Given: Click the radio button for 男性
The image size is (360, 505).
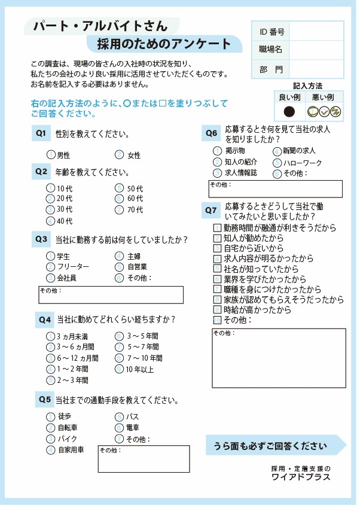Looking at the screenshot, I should tap(51, 155).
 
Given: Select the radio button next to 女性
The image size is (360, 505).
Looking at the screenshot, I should tap(119, 155).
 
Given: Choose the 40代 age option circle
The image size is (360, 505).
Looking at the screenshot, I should tap(51, 221).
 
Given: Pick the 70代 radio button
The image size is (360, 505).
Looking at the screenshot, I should tap(119, 210).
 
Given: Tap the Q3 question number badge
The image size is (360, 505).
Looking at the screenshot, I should tap(41, 239).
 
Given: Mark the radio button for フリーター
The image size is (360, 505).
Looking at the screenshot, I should tap(51, 267).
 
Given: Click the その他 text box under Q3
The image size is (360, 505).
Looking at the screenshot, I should tap(111, 295).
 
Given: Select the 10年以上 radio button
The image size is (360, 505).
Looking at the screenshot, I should tap(119, 369).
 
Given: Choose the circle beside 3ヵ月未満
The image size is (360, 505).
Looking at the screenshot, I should tap(51, 336).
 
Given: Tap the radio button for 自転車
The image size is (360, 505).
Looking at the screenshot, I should tap(51, 427).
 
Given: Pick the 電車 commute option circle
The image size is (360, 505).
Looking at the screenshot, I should tap(119, 427).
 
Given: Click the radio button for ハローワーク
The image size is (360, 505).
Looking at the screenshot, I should tap(277, 163).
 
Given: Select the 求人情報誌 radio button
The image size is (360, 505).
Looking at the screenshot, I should tap(217, 173).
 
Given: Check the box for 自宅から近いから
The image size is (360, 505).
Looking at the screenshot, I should tap(217, 248).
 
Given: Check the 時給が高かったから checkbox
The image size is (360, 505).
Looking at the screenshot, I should tap(217, 310).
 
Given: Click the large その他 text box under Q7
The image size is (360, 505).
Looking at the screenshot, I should tap(277, 358).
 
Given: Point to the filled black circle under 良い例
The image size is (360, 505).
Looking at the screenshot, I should tap(289, 111).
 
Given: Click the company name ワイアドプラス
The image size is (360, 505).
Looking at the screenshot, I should tap(300, 477).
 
